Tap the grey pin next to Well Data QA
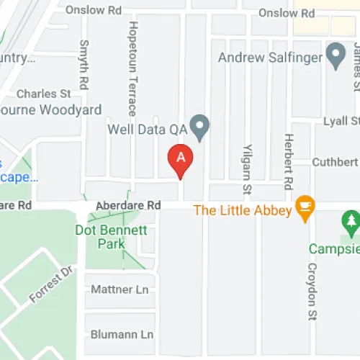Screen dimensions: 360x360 coord(202,127)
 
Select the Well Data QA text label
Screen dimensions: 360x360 coord(148,130)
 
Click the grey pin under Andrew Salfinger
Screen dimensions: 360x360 coord(335,54)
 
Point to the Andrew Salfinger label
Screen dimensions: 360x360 coord(270,56)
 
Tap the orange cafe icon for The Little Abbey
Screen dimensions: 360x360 coord(305,208)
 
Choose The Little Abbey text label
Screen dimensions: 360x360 coord(243,210)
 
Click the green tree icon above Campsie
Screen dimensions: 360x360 coord(351,223)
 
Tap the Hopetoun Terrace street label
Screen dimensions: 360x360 coord(132,68)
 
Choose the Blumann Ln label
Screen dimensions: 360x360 coord(122,335)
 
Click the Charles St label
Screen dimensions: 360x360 coord(43,94)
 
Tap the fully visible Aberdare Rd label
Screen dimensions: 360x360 coord(127,205)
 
